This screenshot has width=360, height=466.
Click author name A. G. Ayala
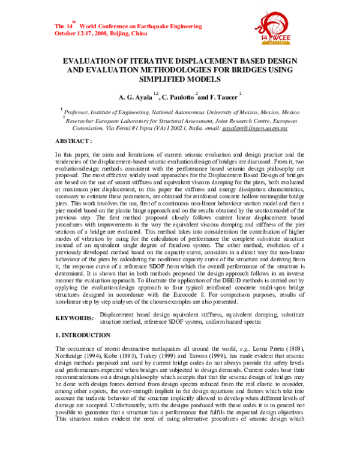point(136,97)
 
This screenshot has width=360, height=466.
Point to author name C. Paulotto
point(178,97)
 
